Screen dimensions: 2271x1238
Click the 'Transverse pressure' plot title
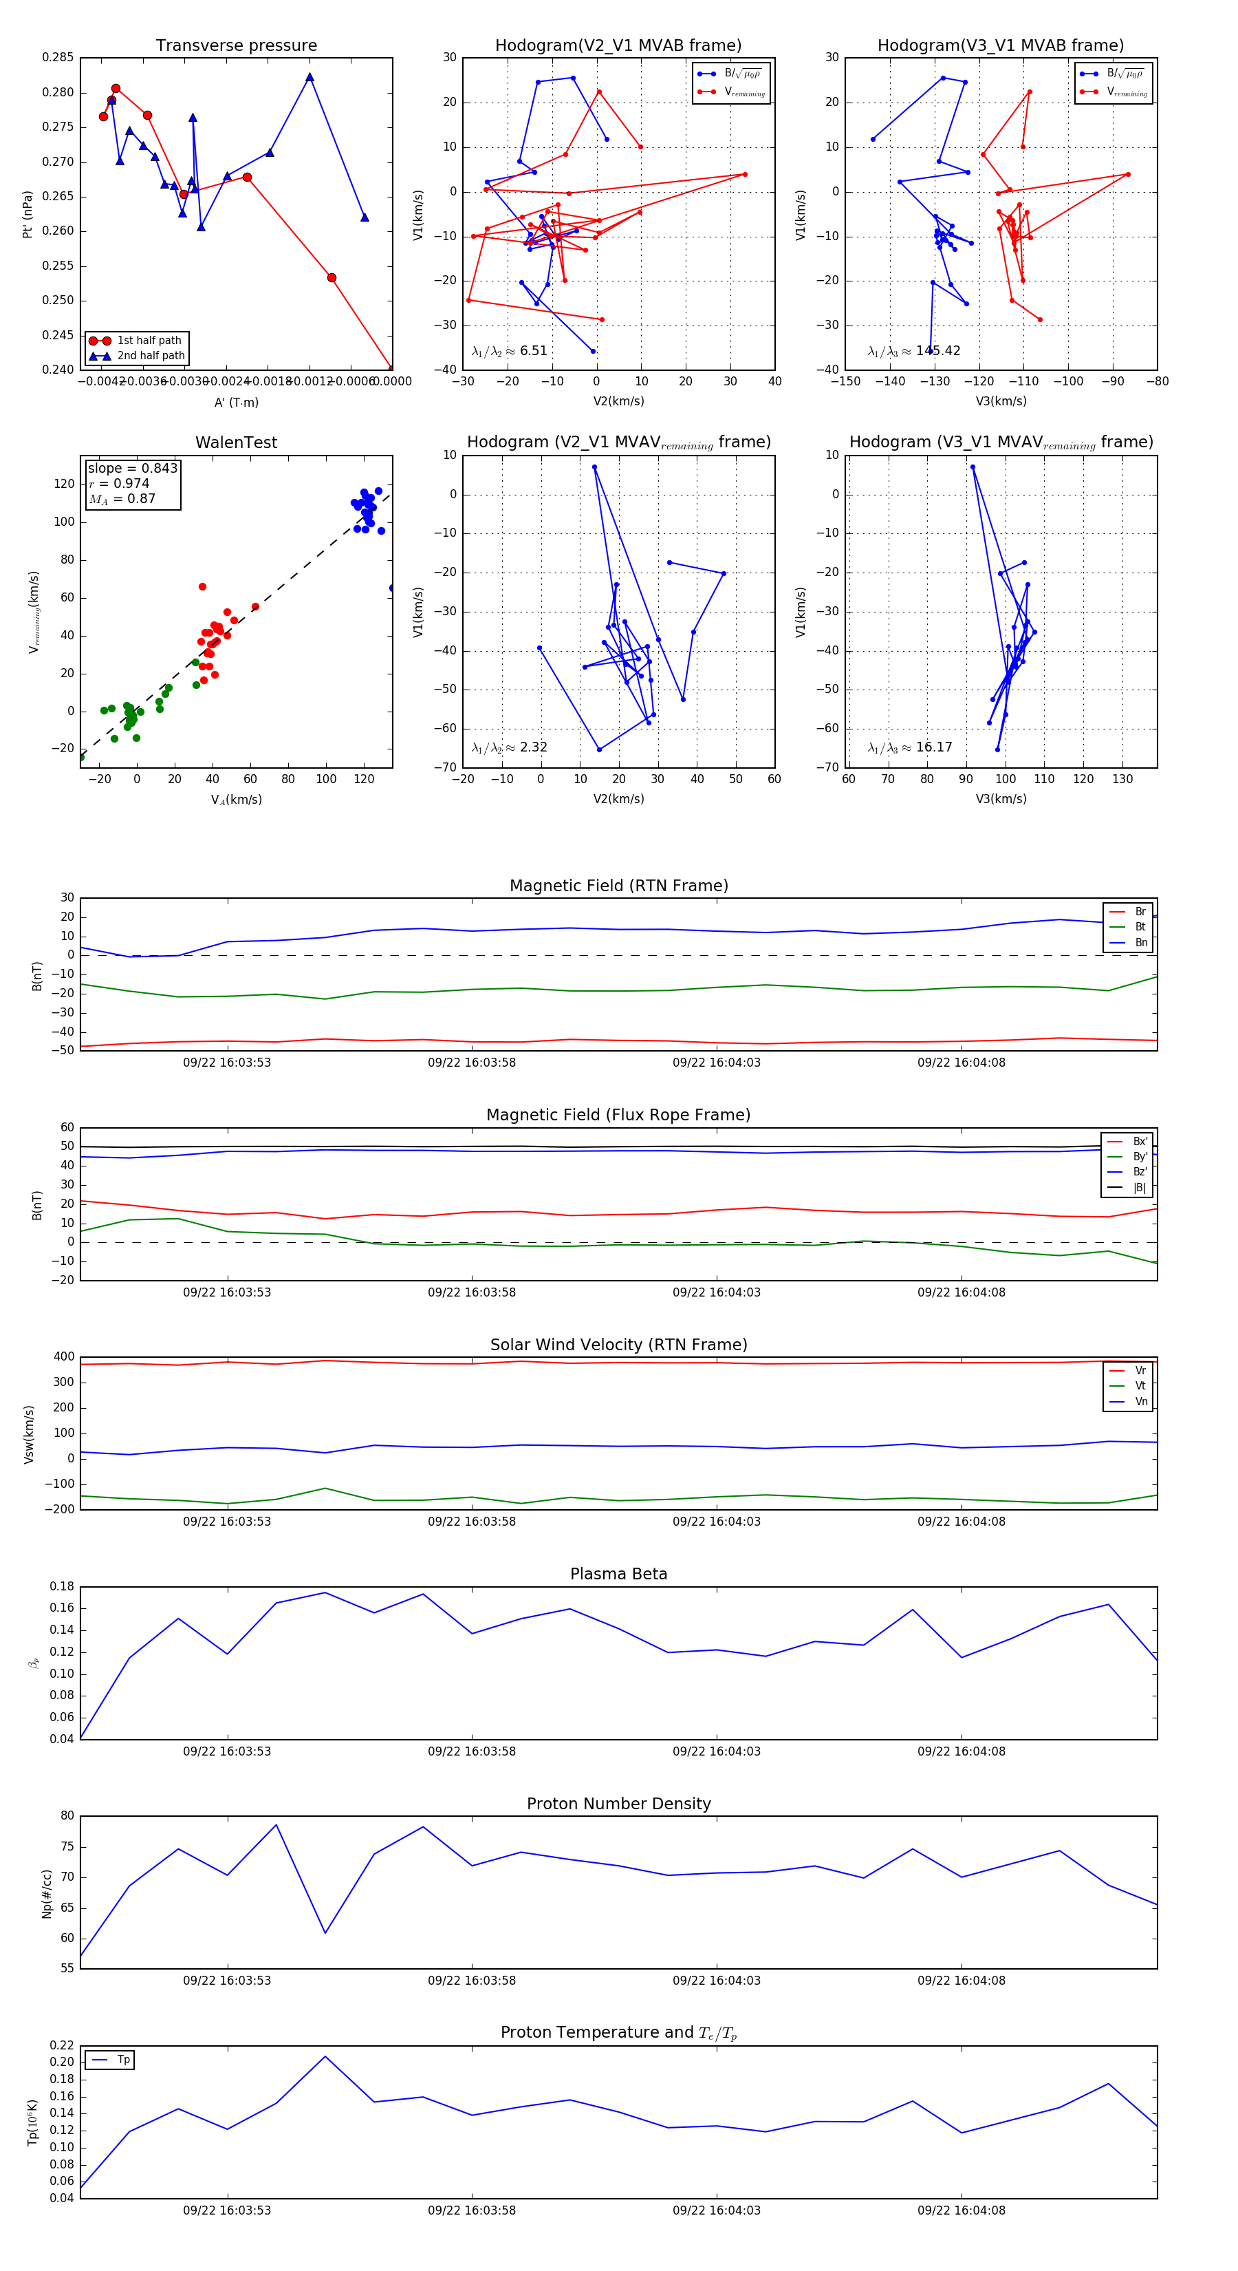click(236, 46)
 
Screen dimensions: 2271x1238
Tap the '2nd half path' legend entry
click(151, 356)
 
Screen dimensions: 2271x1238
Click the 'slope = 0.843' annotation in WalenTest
click(132, 468)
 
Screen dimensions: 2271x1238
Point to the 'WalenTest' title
click(236, 443)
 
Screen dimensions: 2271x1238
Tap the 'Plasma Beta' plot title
click(618, 1574)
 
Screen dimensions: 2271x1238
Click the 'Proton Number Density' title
click(618, 1804)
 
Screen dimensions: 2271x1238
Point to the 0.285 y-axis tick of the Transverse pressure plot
click(58, 57)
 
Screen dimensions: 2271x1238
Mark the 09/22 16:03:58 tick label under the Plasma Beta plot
click(471, 1751)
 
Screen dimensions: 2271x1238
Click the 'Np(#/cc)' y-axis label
click(47, 1894)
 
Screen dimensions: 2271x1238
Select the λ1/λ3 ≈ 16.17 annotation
click(909, 747)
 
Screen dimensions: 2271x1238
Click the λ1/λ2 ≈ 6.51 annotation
click(509, 351)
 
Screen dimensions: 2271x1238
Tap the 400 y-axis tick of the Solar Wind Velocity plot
click(65, 1357)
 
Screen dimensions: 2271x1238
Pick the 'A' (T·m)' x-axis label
click(236, 403)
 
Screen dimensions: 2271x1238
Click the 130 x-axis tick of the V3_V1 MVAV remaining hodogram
click(1122, 779)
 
